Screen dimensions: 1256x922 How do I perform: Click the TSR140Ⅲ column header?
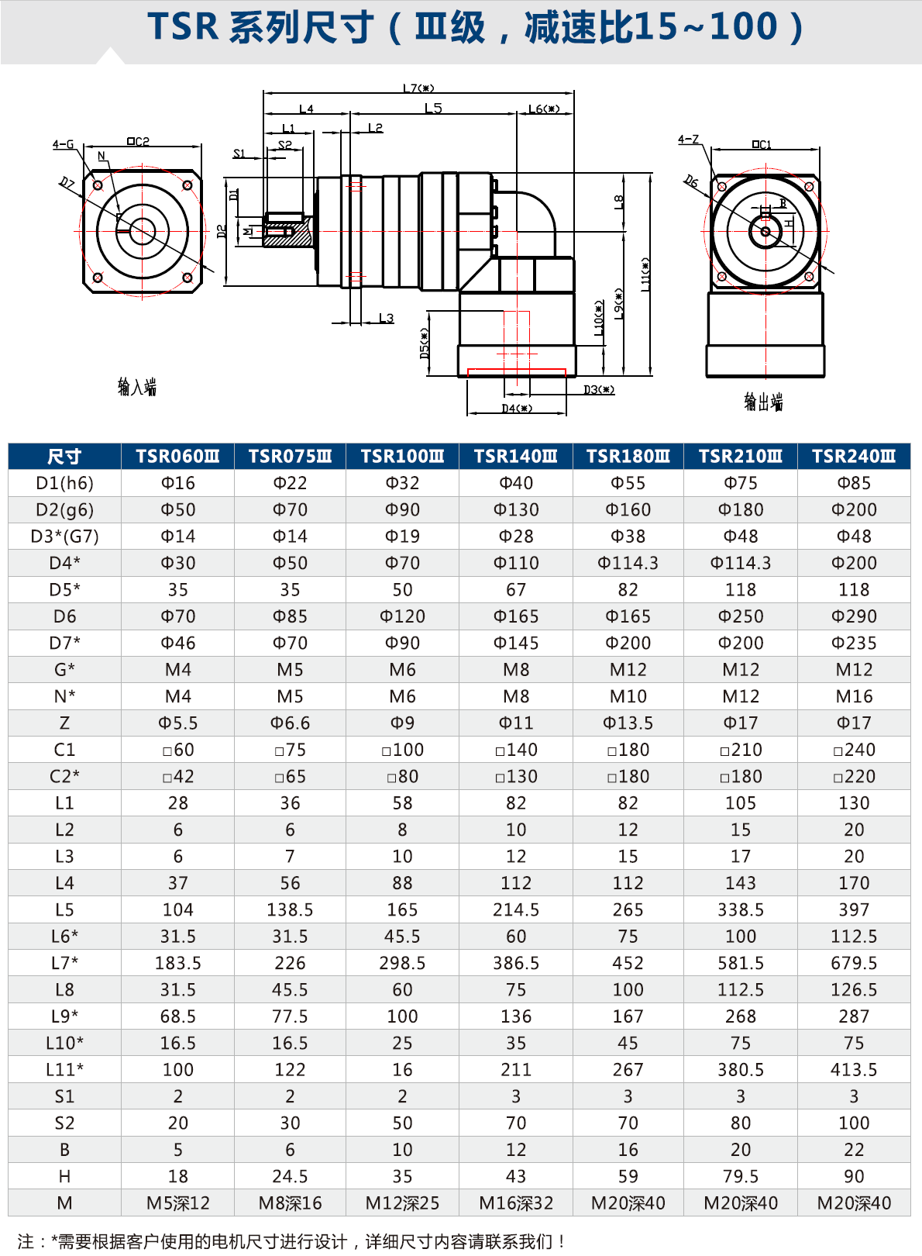(x=515, y=457)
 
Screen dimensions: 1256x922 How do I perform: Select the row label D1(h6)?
(x=64, y=483)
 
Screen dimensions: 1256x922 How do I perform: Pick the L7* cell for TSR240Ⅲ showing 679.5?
(x=854, y=963)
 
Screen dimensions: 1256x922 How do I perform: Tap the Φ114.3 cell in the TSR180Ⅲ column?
(x=628, y=563)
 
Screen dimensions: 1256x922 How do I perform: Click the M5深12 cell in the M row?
(x=178, y=1203)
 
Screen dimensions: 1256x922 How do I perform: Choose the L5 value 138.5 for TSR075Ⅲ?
(x=290, y=909)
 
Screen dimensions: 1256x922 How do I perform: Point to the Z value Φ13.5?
(x=628, y=723)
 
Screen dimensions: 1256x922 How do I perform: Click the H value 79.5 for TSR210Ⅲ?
(x=741, y=1176)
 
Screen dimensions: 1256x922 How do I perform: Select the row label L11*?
(x=64, y=1070)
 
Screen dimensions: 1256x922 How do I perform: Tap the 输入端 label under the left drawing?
(x=137, y=387)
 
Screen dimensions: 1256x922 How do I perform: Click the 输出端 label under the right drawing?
(x=763, y=402)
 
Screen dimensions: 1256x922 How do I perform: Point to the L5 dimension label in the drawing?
(x=433, y=109)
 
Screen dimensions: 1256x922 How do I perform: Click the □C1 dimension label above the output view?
(x=762, y=144)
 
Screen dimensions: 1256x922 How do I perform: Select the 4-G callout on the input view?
(x=63, y=144)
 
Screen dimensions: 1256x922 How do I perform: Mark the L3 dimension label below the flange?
(x=386, y=318)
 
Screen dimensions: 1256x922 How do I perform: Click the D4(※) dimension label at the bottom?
(x=517, y=409)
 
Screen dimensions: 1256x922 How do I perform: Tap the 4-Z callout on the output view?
(x=688, y=140)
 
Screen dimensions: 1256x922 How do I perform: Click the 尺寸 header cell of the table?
(x=64, y=457)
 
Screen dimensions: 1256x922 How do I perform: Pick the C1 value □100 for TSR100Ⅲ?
(x=402, y=750)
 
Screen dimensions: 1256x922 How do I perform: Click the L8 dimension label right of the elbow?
(x=618, y=202)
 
